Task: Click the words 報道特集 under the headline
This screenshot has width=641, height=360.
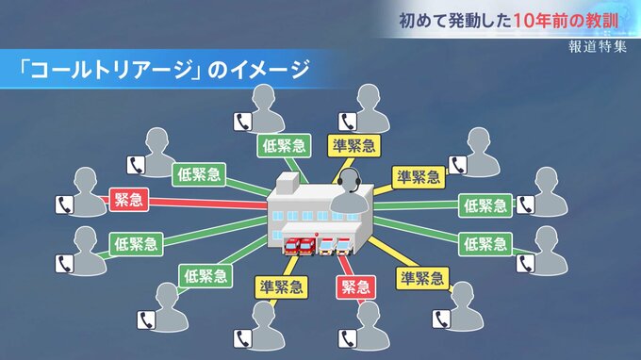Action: pyautogui.click(x=598, y=46)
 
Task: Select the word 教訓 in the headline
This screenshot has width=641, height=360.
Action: pyautogui.click(x=602, y=21)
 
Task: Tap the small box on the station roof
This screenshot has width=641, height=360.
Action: pyautogui.click(x=288, y=183)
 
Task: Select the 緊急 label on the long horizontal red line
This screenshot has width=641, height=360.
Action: pyautogui.click(x=129, y=200)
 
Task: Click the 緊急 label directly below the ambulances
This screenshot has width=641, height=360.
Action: pyautogui.click(x=355, y=287)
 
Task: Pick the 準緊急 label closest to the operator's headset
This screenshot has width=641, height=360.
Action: pyautogui.click(x=354, y=146)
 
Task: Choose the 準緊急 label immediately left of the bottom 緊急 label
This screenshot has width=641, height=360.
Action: pyautogui.click(x=281, y=287)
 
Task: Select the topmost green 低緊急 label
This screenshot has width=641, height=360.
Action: pyautogui.click(x=284, y=146)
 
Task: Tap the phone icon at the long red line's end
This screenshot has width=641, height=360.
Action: pyautogui.click(x=64, y=205)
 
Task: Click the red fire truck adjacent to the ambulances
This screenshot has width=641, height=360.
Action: pyautogui.click(x=307, y=246)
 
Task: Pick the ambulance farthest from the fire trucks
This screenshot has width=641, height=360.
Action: pyautogui.click(x=344, y=246)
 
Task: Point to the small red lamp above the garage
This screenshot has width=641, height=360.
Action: pyautogui.click(x=316, y=235)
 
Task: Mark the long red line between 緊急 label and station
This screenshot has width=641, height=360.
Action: pyautogui.click(x=208, y=203)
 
